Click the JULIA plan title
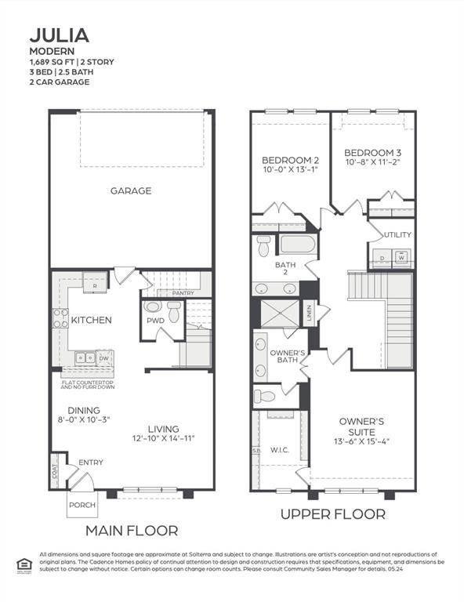tap(60, 35)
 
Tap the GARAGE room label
tap(130, 190)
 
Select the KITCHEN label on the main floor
tap(92, 320)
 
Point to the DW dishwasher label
tap(103, 358)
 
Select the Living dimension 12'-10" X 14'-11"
tap(163, 438)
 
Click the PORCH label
tap(81, 505)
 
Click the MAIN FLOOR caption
tap(131, 531)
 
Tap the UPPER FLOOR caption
tap(333, 514)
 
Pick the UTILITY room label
tap(397, 234)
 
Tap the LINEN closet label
tap(310, 313)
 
